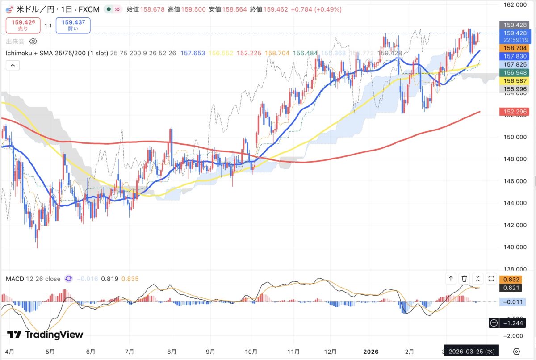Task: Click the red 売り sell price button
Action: click(23, 25)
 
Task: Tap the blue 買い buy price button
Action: click(73, 25)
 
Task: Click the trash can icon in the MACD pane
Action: click(465, 279)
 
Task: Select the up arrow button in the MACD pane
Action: click(451, 279)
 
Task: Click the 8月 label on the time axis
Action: click(172, 351)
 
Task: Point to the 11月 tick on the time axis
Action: click(293, 351)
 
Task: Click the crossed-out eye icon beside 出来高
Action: click(33, 42)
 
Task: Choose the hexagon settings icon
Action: click(516, 351)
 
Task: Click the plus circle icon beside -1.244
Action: click(494, 323)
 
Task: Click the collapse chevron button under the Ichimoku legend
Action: click(13, 66)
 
